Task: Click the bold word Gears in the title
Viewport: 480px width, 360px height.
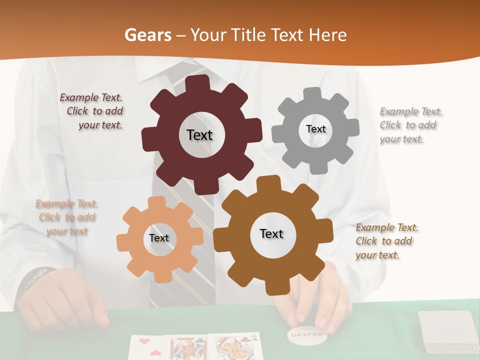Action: [x=147, y=35]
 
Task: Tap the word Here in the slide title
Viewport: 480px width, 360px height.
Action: [x=327, y=35]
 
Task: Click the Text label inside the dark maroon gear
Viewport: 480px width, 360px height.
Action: [x=199, y=135]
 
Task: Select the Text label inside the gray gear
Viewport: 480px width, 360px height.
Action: [x=315, y=129]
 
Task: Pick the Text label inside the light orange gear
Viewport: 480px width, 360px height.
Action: [x=159, y=238]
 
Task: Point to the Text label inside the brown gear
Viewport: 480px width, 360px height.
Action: [x=271, y=233]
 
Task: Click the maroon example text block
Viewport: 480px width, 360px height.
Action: [x=92, y=111]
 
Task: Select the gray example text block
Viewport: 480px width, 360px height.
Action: [x=411, y=125]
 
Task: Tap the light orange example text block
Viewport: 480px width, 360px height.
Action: [x=67, y=217]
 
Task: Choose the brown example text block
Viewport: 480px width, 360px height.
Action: [x=386, y=241]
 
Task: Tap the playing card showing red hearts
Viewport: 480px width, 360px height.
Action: [x=148, y=347]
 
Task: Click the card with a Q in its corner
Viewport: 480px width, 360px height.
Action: [x=235, y=347]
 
